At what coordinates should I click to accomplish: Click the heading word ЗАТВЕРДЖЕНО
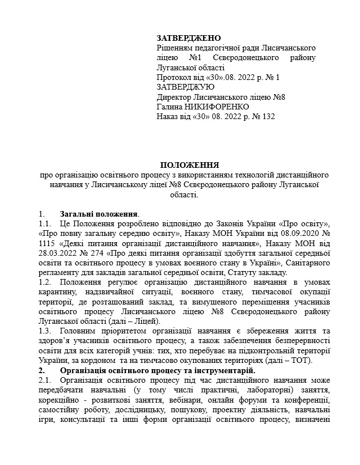coord(188,38)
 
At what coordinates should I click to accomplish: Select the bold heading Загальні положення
coord(99,214)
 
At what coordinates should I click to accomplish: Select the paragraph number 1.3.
coord(45,331)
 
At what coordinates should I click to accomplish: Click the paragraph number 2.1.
coord(45,379)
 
